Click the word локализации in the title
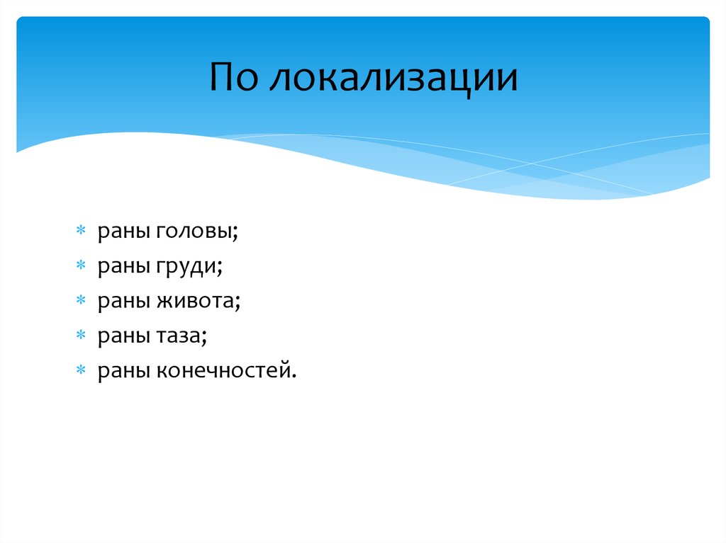coord(393,79)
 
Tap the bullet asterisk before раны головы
coord(82,232)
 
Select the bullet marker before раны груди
coord(82,267)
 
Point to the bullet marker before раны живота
coord(82,302)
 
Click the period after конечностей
coord(292,377)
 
